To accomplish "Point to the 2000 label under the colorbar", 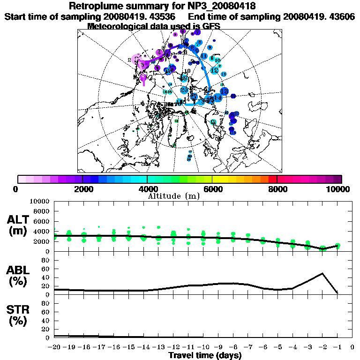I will [x=82, y=189].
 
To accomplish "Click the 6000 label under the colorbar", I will [x=212, y=189].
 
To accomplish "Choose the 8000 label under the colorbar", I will [x=277, y=189].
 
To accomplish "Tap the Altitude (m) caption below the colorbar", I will [x=174, y=195].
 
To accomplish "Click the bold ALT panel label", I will [x=19, y=220].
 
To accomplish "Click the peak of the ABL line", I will [x=322, y=273].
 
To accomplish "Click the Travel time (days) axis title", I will [x=205, y=355].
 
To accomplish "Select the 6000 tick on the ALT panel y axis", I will [x=42, y=221].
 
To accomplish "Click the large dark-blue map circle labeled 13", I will [x=224, y=91].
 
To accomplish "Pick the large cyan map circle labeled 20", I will [x=184, y=90].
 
